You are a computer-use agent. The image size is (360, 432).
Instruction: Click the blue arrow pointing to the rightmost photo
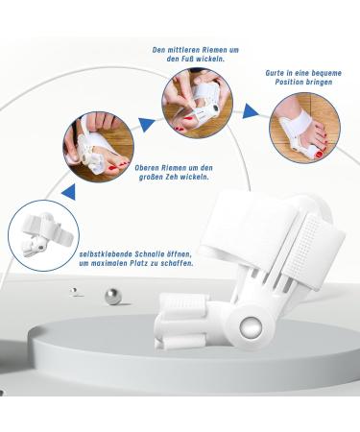(250, 111)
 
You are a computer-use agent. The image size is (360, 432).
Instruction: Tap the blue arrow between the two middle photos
(147, 123)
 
